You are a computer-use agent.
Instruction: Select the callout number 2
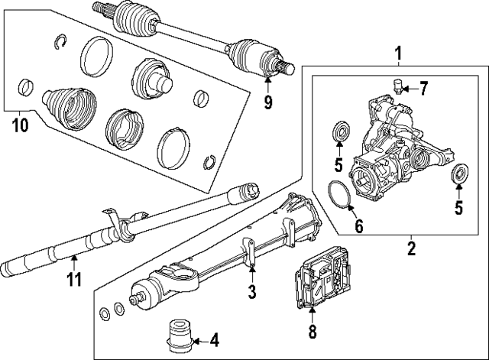point(410,247)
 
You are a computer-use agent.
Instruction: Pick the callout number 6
point(358,225)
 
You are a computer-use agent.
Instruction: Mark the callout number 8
point(312,332)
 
